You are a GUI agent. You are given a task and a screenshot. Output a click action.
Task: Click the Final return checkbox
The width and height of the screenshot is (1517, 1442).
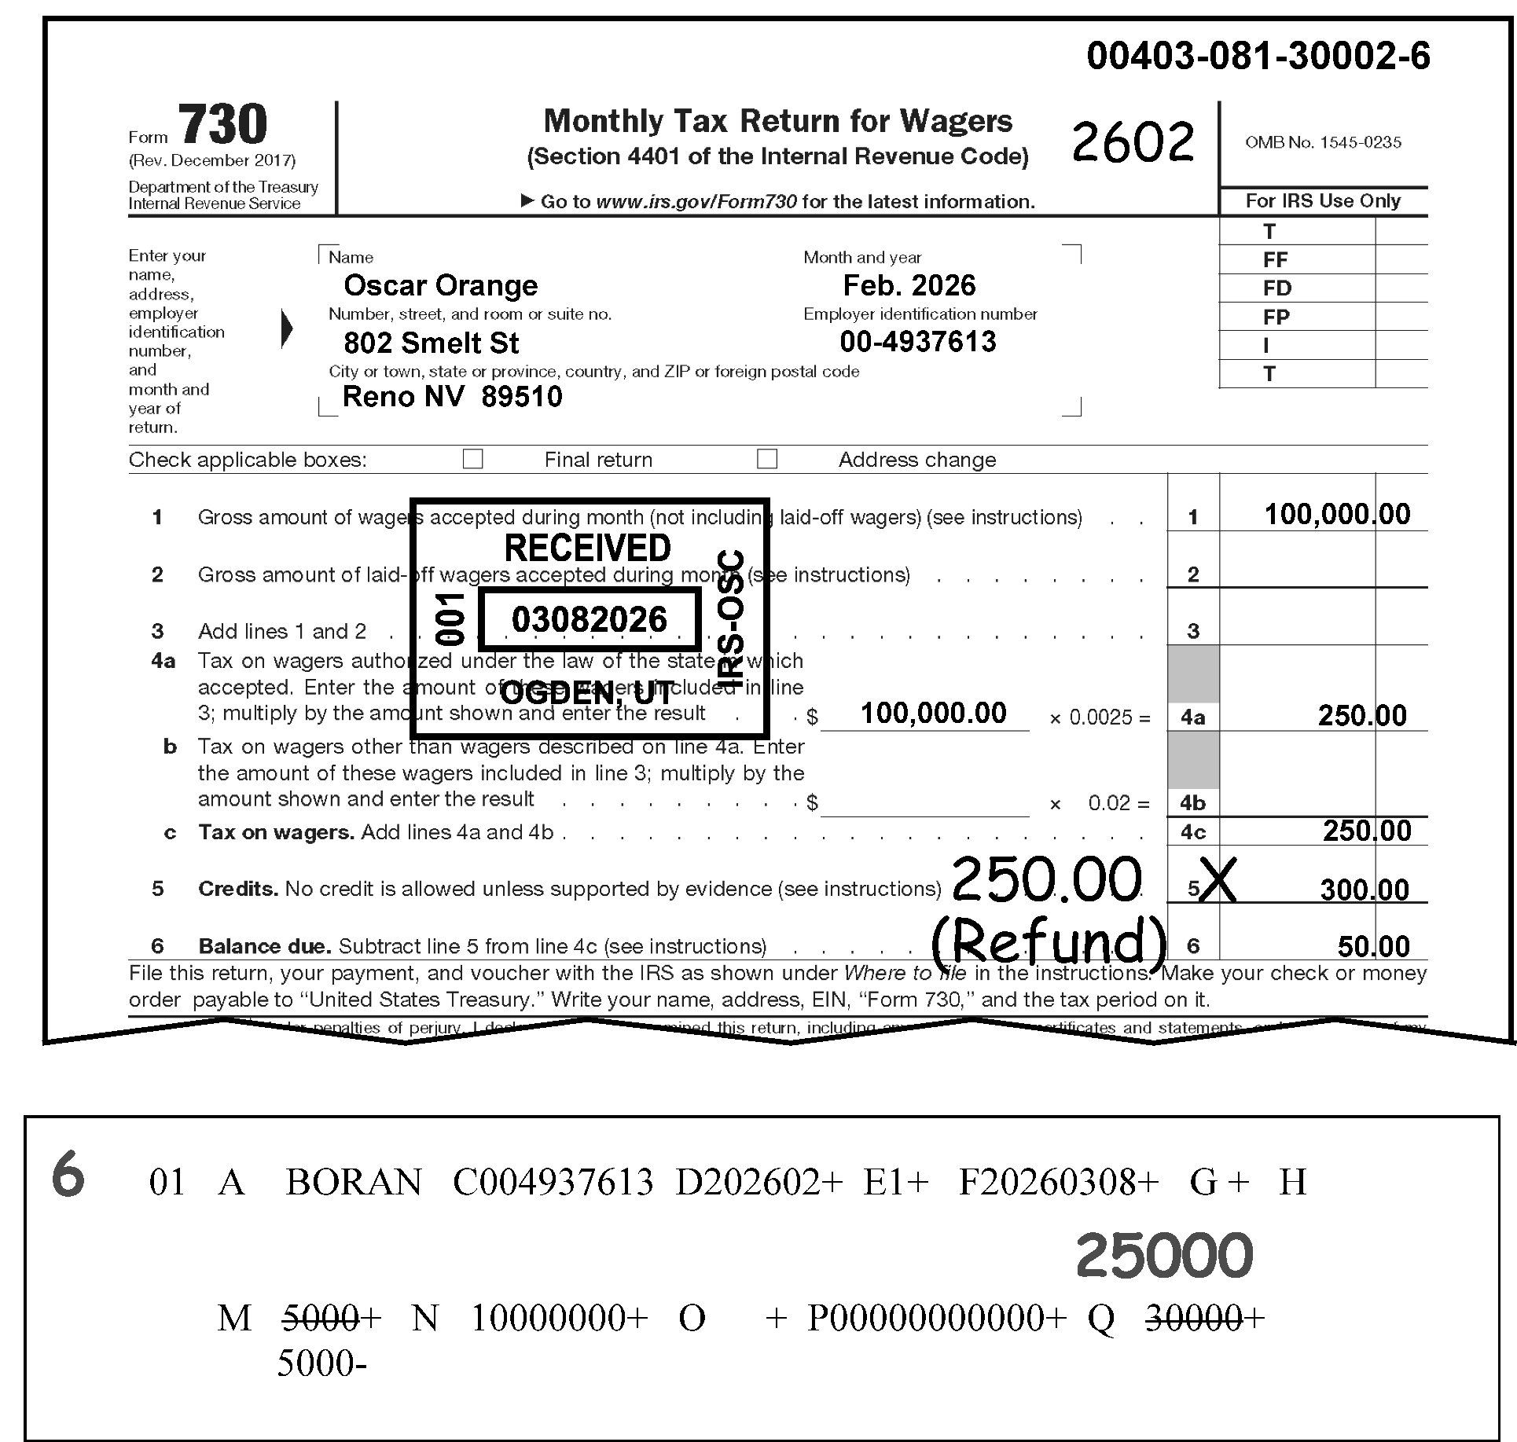(472, 459)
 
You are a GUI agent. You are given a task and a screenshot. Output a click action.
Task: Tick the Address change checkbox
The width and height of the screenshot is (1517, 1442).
(766, 459)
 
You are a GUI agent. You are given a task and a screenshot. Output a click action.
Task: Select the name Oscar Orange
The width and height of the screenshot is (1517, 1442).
(440, 285)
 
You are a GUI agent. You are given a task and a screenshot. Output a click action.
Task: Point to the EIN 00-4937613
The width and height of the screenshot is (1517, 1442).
(917, 342)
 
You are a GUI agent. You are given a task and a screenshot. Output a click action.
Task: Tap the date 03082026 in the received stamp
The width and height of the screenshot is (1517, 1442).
(589, 620)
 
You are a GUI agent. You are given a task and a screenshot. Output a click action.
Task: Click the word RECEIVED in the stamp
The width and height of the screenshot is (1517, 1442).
(587, 548)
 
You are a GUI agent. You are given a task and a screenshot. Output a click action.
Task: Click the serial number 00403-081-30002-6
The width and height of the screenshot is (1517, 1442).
(1258, 57)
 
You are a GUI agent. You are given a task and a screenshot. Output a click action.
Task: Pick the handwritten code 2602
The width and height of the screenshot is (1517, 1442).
(1133, 143)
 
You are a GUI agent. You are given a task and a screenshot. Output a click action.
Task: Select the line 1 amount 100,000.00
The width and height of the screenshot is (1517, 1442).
(1336, 515)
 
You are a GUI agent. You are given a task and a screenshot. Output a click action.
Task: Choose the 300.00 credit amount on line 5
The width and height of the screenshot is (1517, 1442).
(1365, 890)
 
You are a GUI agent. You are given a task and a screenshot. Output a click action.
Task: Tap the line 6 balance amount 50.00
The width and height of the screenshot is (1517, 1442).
(1373, 946)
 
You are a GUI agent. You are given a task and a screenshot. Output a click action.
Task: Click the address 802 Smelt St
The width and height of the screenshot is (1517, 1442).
(431, 343)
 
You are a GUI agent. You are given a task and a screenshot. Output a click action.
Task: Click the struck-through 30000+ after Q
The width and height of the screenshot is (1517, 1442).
(1204, 1318)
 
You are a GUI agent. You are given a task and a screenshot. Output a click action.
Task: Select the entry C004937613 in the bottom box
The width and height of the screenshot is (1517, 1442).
(553, 1182)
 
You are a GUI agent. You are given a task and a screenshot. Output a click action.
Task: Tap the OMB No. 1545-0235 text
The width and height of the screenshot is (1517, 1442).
(1323, 142)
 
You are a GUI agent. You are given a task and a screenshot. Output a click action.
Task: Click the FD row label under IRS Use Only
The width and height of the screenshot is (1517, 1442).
(1276, 288)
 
